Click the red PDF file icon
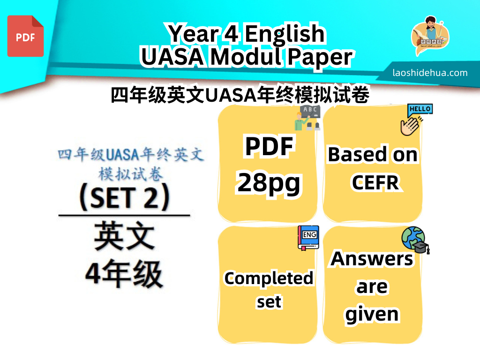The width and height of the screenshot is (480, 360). click(x=25, y=36)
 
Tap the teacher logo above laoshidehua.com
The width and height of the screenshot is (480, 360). click(x=430, y=35)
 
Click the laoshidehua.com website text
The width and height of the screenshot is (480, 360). click(x=430, y=73)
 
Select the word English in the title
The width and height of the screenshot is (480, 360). click(x=285, y=34)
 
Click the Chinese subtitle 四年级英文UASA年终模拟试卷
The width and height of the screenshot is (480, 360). click(x=240, y=95)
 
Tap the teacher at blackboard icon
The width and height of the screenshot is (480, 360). click(x=307, y=118)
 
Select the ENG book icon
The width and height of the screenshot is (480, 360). click(x=308, y=238)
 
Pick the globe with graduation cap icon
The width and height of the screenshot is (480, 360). click(x=415, y=240)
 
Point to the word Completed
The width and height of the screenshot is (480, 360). click(x=269, y=278)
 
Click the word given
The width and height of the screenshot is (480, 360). click(x=372, y=314)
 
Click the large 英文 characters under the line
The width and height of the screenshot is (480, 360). click(x=124, y=236)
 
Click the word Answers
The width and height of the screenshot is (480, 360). click(x=372, y=259)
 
